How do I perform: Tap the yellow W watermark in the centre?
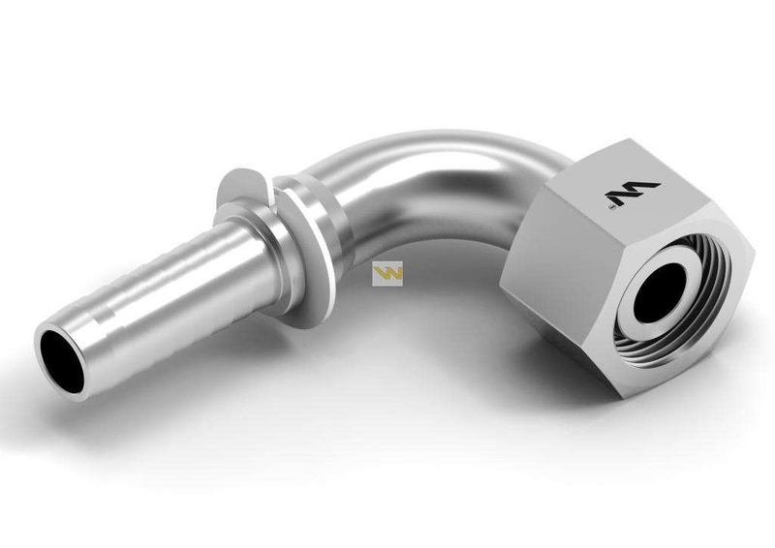(x=387, y=275)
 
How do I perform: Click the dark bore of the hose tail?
(x=60, y=361)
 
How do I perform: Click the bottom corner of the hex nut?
(x=619, y=392)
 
